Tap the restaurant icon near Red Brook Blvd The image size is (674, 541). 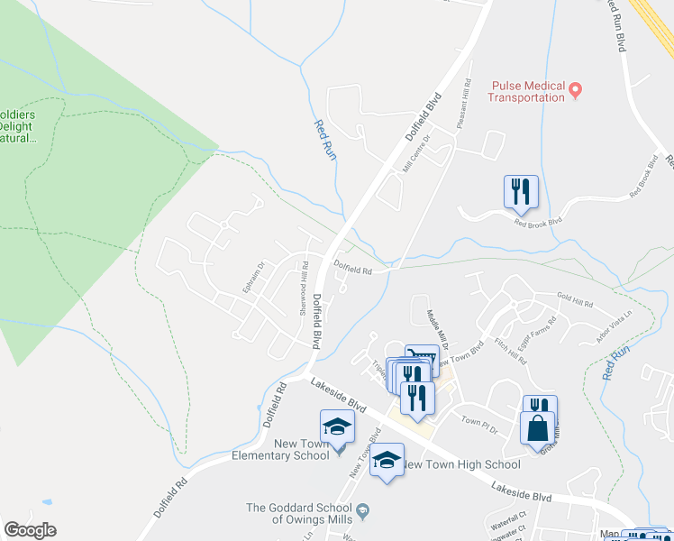click(x=521, y=191)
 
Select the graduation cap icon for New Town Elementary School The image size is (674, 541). click(x=337, y=426)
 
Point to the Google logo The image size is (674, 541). click(x=30, y=530)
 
